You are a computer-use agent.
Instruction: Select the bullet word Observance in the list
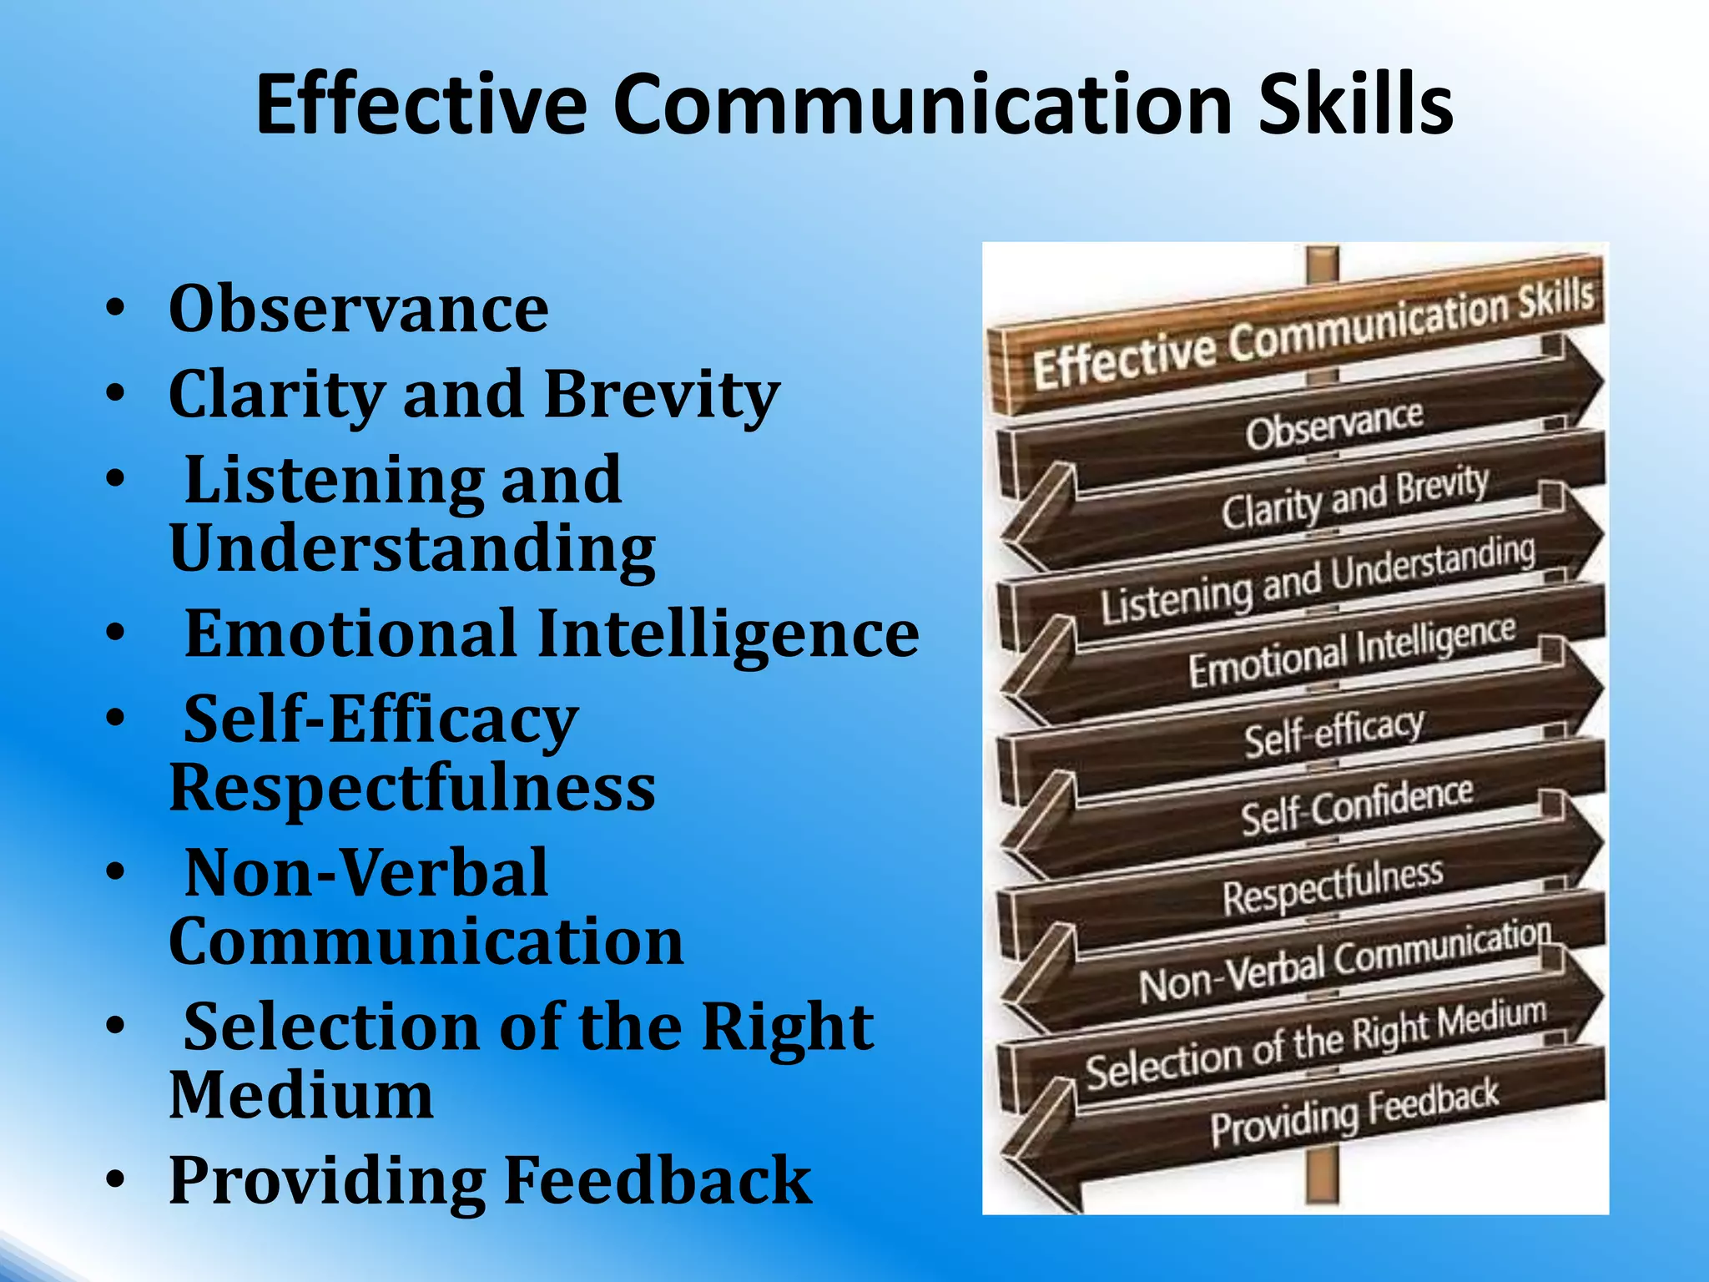click(x=359, y=309)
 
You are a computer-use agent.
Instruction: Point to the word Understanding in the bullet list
click(x=412, y=549)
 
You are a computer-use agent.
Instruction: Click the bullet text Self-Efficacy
click(x=381, y=719)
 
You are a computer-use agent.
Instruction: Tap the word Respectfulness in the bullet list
click(x=412, y=788)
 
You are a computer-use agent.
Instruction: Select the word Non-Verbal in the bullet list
click(x=365, y=873)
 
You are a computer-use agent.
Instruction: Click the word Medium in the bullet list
click(x=301, y=1095)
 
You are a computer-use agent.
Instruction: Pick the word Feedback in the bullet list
click(x=658, y=1180)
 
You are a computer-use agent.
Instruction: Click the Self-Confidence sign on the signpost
click(x=1356, y=805)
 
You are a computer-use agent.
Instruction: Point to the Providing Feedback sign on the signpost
click(x=1354, y=1113)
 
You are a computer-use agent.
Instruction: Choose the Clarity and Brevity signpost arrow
click(x=1354, y=498)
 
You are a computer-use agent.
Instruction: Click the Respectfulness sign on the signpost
click(x=1333, y=885)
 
